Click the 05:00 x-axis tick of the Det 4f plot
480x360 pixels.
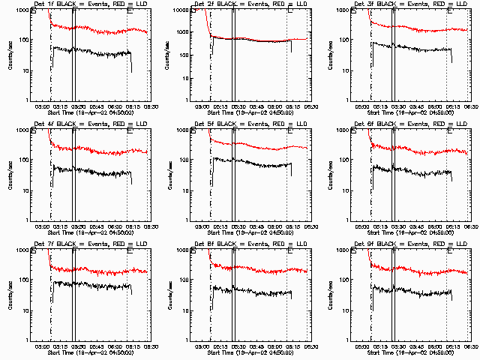point(43,226)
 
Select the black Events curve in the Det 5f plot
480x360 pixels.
point(255,161)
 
